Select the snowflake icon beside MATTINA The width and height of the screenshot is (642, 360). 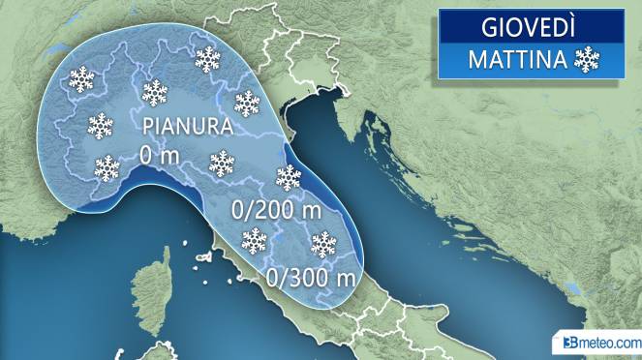[587, 60]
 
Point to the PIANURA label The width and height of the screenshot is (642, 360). [188, 127]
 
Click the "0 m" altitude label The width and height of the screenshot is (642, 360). [158, 154]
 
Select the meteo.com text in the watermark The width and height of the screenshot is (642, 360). [609, 343]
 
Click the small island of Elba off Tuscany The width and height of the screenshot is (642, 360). [203, 260]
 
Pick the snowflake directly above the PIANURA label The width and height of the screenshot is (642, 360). [155, 92]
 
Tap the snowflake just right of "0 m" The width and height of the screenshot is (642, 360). [223, 163]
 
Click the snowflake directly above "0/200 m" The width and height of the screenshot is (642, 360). [289, 177]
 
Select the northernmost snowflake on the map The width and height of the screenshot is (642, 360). [207, 59]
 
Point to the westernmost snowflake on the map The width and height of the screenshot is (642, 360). [82, 77]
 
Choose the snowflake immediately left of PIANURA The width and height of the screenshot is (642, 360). [101, 125]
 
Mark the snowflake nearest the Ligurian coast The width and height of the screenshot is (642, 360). [107, 167]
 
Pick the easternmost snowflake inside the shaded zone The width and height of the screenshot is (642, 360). [322, 244]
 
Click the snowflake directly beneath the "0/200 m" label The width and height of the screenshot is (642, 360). [254, 240]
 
